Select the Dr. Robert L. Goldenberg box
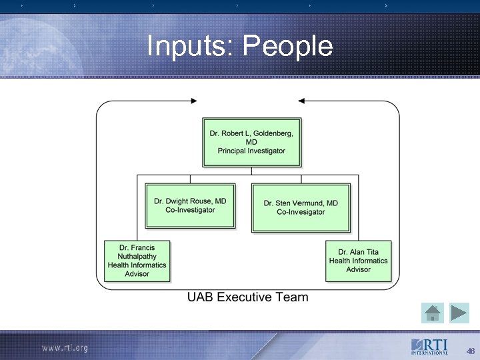coord(251,142)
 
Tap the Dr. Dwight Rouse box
coord(190,205)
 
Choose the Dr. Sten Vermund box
coord(301,207)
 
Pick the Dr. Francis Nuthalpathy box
coord(137,261)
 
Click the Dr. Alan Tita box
coord(358,261)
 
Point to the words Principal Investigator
coord(251,151)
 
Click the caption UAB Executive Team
coord(247,297)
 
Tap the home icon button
coord(433,312)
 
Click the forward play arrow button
coord(459,312)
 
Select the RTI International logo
coord(429,347)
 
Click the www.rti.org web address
coord(65,348)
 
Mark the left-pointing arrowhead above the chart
coord(301,101)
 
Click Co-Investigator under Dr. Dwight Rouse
coord(190,210)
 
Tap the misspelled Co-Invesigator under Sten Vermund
coord(301,212)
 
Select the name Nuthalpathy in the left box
coord(137,256)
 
